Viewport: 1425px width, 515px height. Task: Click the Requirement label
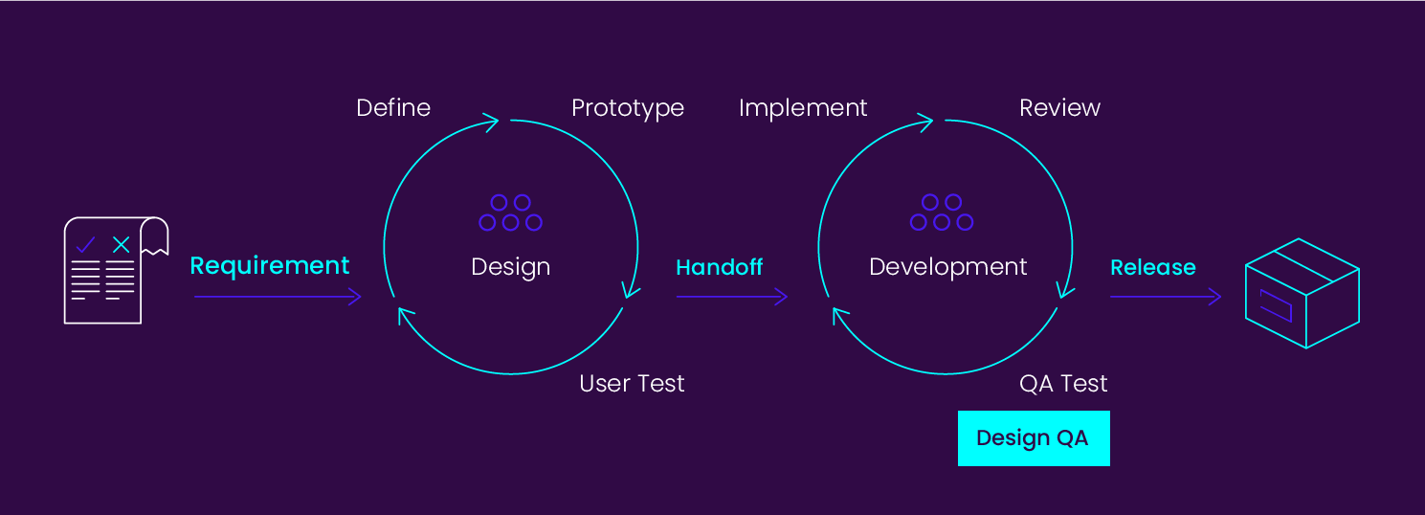[270, 265]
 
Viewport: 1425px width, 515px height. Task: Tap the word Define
[393, 108]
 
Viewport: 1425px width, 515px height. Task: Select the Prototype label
[628, 108]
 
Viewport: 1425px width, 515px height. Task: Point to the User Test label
[632, 384]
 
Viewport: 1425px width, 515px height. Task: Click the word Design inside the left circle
[510, 267]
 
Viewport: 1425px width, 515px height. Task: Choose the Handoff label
[719, 267]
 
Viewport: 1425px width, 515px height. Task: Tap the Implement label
[803, 108]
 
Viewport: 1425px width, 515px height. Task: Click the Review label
[1059, 108]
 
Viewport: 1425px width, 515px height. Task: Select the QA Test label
[1063, 384]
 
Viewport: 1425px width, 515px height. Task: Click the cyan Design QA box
[1034, 438]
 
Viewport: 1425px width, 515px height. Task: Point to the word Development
[947, 267]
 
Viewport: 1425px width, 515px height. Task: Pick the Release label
[1152, 267]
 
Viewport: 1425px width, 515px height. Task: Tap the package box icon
[1302, 293]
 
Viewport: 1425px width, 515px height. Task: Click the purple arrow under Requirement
[278, 297]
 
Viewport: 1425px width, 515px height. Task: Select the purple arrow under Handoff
[731, 297]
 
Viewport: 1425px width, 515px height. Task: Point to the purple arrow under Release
[1165, 297]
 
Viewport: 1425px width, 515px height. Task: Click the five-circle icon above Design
[510, 213]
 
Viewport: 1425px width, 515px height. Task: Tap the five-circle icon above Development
[942, 213]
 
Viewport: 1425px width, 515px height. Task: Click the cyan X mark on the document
[121, 245]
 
